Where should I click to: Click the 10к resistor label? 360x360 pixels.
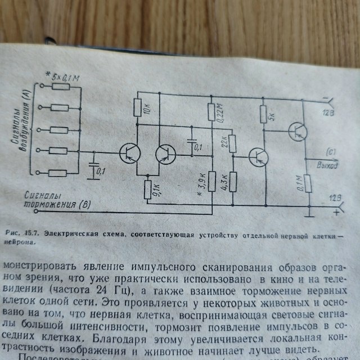pos(148,108)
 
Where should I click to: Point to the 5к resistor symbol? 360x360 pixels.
pos(262,114)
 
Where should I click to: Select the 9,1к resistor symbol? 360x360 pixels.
pos(147,186)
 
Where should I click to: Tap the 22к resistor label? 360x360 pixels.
pos(224,144)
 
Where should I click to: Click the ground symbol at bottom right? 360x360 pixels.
pos(309,214)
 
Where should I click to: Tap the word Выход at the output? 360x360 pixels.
pos(327,166)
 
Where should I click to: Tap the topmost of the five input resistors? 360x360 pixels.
pos(58,89)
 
